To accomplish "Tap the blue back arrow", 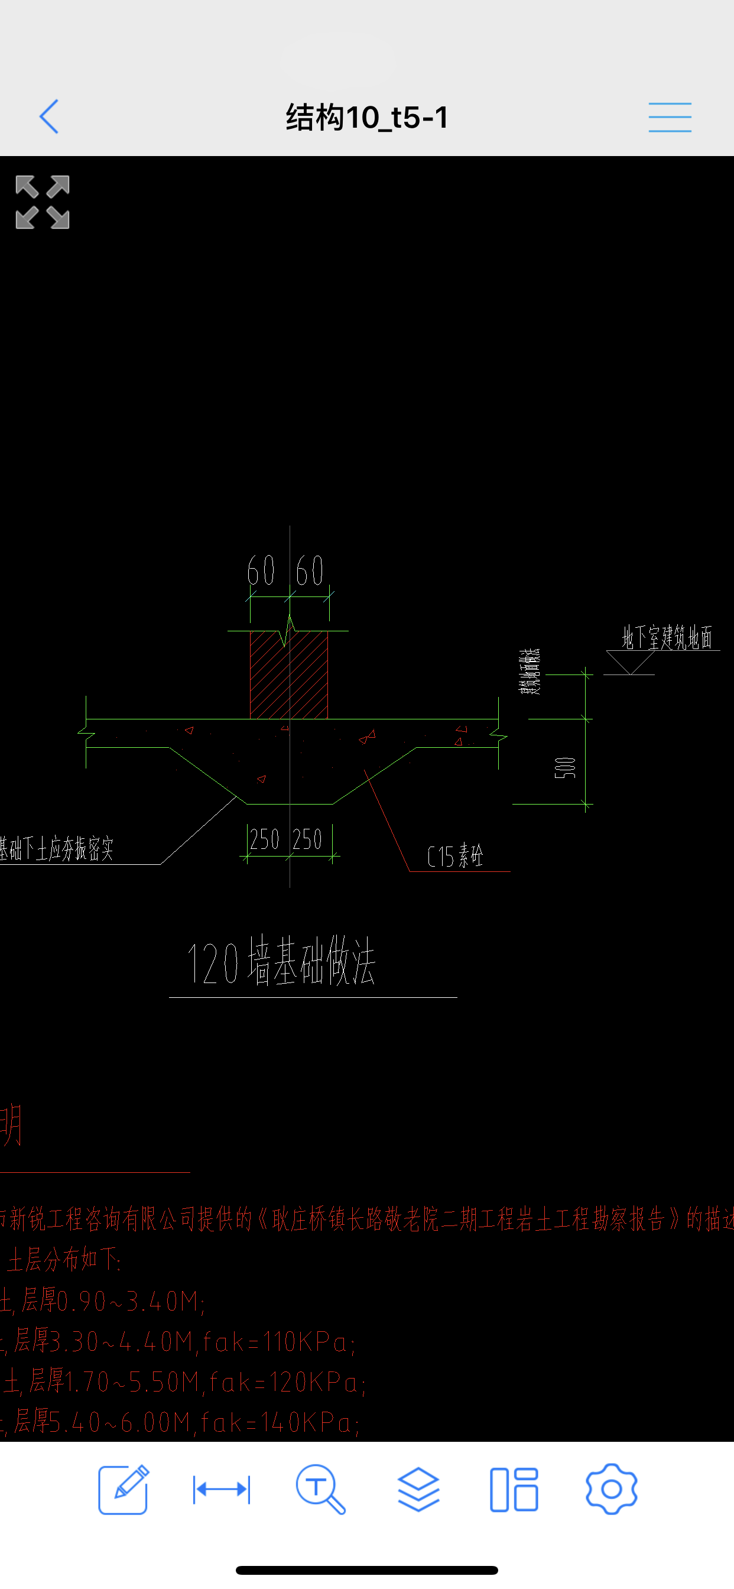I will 48,116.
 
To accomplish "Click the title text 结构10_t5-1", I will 367,117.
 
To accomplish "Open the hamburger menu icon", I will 669,117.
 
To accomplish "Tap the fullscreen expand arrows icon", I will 43,202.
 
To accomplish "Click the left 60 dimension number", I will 260,570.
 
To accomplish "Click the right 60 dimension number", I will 310,570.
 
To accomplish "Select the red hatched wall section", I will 288,676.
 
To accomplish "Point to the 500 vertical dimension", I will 565,767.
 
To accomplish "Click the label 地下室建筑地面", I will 667,637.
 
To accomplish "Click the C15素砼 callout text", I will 455,856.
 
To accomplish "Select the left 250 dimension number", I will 265,839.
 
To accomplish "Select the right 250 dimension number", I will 307,839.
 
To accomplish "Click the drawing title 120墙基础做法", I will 281,961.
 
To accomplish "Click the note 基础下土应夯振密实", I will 57,849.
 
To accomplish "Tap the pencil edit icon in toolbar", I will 124,1489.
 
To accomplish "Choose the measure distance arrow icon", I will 222,1490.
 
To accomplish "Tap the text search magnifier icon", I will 320,1490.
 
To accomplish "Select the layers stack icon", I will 418,1489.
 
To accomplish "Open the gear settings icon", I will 610,1489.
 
